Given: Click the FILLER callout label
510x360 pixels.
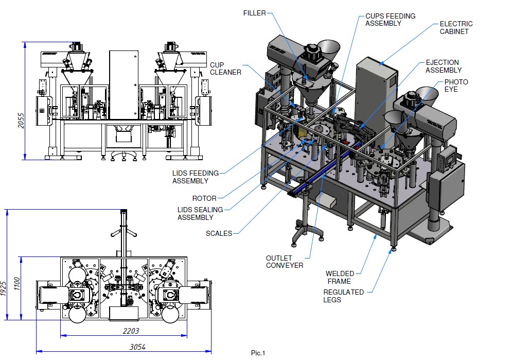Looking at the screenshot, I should [254, 13].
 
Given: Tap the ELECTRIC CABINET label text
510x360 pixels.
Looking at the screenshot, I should [456, 28].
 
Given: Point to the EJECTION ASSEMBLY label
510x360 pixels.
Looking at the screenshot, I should [444, 66].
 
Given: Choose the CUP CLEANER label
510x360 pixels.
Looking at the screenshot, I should [225, 68].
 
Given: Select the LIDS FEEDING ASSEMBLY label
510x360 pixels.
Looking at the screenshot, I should [195, 177].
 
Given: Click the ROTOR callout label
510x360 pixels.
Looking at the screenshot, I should [204, 198].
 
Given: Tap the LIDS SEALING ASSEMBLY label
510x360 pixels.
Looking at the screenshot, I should [200, 213].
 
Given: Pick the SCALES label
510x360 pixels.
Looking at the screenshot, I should [219, 233].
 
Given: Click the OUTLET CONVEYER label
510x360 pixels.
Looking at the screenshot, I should [284, 262].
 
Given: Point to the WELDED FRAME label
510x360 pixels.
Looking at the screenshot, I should [338, 277].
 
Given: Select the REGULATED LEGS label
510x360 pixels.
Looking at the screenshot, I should [343, 296].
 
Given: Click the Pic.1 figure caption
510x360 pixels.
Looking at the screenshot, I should [258, 353].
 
